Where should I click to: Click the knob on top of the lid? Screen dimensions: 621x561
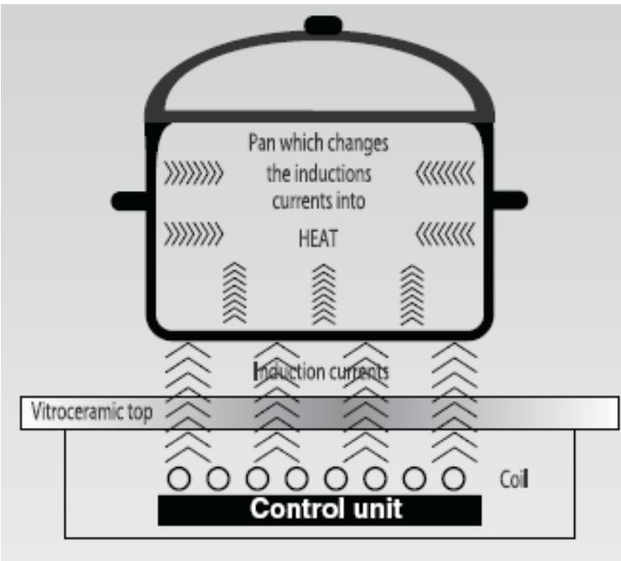click(323, 25)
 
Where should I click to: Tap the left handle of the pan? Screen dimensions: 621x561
click(129, 201)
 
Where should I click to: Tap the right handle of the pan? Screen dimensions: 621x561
click(511, 199)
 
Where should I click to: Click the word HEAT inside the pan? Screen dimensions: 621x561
click(318, 239)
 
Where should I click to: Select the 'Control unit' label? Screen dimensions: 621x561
click(326, 508)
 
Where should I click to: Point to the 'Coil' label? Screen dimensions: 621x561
click(514, 479)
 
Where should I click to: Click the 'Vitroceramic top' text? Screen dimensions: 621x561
click(91, 412)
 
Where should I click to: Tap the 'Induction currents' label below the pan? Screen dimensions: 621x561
click(321, 372)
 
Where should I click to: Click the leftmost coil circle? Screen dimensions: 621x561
click(179, 478)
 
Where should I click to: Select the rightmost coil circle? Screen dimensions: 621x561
click(454, 478)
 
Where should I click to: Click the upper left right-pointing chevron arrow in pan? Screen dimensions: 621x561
click(193, 173)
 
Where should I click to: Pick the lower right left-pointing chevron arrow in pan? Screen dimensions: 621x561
click(445, 234)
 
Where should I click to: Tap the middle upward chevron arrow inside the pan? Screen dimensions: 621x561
click(324, 294)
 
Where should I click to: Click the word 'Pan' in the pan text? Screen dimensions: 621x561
click(262, 142)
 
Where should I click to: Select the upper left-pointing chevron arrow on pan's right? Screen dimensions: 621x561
click(445, 173)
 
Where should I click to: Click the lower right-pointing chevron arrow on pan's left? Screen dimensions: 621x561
click(193, 234)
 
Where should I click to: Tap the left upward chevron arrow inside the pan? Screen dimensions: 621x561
click(234, 292)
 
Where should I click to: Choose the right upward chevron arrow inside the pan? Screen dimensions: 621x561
click(413, 295)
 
